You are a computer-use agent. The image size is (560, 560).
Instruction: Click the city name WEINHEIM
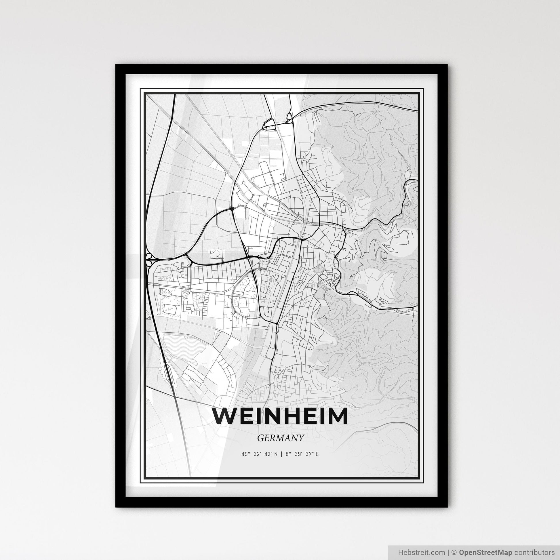(280, 416)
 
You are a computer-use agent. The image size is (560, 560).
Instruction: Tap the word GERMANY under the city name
(280, 438)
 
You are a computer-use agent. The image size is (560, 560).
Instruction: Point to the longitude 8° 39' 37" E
(302, 454)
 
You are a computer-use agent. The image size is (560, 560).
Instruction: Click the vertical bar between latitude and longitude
(281, 454)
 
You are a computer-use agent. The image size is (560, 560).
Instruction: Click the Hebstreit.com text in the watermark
(421, 552)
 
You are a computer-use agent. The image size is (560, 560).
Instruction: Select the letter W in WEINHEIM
(224, 416)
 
